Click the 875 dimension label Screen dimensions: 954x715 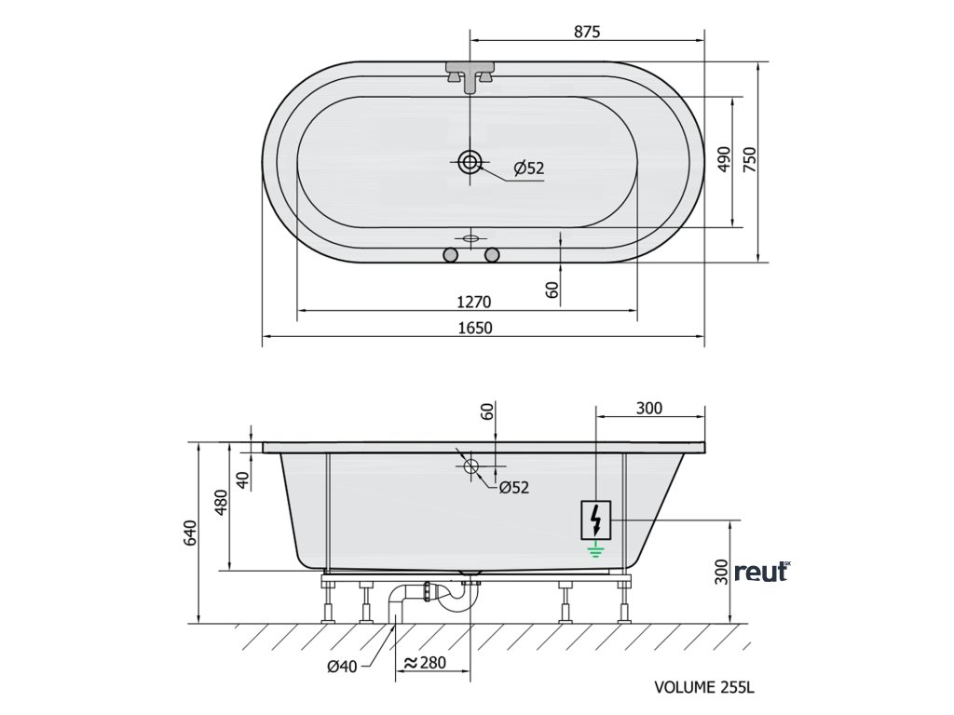point(587,31)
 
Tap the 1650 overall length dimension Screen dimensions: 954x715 point(474,329)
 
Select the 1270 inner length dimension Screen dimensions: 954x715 point(473,302)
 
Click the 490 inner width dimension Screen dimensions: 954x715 point(723,159)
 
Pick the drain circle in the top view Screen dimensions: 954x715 point(470,162)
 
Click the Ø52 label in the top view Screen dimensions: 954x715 point(529,169)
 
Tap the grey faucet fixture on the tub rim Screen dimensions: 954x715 point(470,76)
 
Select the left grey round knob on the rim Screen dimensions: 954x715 point(450,255)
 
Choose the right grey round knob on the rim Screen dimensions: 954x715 point(492,255)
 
